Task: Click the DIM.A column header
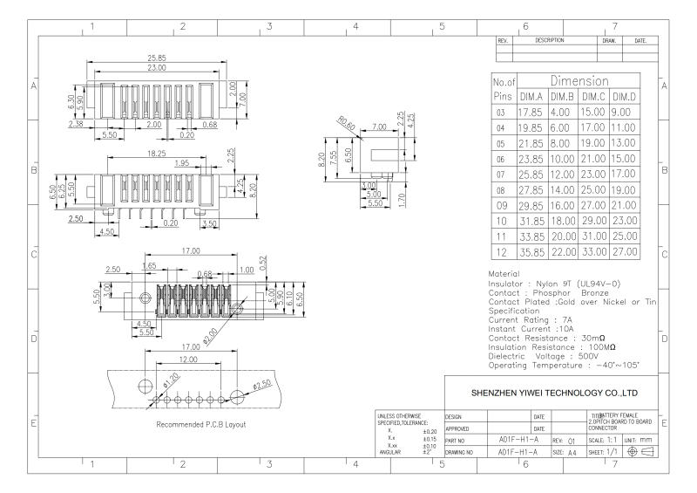pos(531,97)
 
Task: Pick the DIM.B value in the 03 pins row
pos(562,113)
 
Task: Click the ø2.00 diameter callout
pos(211,332)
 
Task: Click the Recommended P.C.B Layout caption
pos(201,425)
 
